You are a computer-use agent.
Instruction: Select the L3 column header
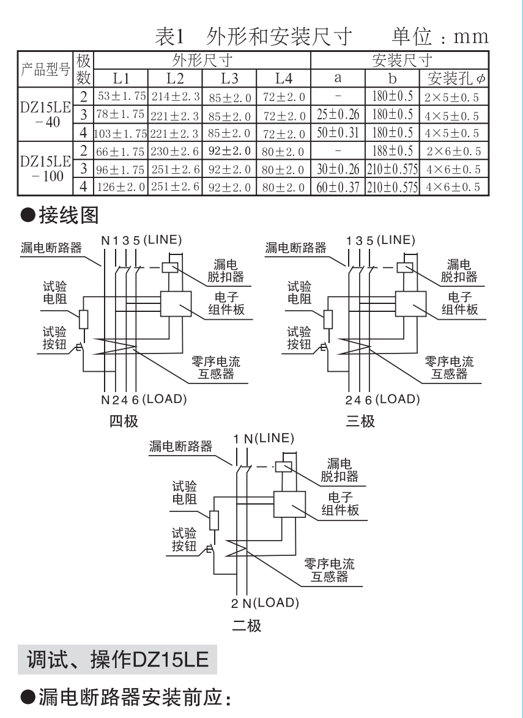coord(229,78)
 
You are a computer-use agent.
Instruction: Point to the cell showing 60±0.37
coord(338,187)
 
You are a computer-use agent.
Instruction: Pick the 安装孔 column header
coord(453,78)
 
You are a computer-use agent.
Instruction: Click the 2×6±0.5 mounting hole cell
coord(453,150)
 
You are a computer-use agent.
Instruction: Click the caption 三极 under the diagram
coord(360,421)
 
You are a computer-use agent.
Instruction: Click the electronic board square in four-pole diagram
coord(177,303)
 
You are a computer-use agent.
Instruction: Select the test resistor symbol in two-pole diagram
coord(214,520)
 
